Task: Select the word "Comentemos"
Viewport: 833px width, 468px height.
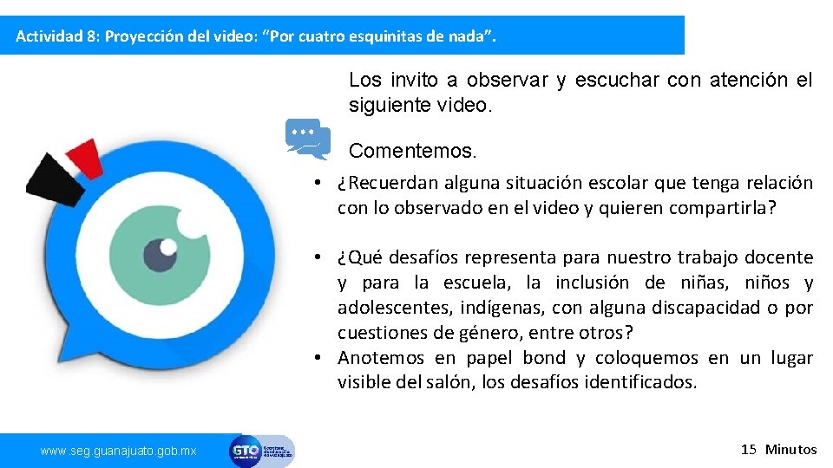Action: tap(411, 151)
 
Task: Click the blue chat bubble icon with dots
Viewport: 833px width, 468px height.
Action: tap(306, 138)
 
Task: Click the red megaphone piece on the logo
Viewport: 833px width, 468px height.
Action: tap(86, 156)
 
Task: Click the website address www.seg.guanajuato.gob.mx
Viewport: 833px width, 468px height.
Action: tap(119, 451)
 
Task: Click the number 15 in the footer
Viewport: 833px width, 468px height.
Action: tap(749, 449)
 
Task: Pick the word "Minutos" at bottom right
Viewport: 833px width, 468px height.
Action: tap(790, 449)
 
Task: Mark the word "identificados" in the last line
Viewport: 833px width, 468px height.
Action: tap(646, 382)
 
